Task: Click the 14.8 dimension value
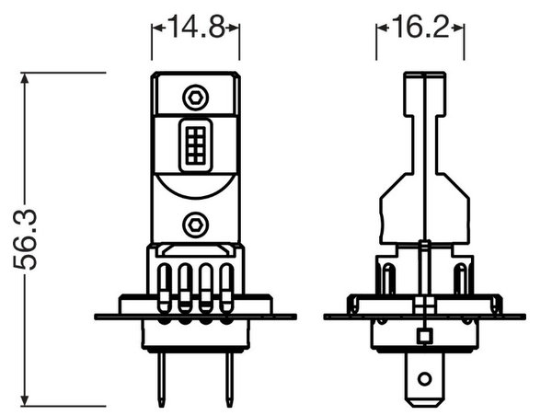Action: pos(196,27)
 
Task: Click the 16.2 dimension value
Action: pos(420,27)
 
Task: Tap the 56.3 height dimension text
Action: pos(26,239)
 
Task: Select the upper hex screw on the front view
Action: pos(195,98)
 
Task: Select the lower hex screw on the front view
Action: pos(195,225)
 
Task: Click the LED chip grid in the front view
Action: pos(196,145)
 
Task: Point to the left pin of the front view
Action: pos(161,379)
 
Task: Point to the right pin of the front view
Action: pos(229,379)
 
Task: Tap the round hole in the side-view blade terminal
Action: pos(424,379)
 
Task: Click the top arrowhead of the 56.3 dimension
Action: pos(24,78)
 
